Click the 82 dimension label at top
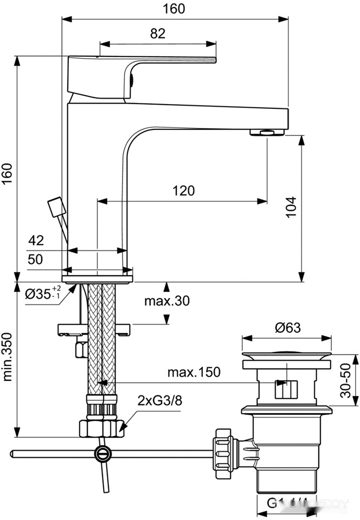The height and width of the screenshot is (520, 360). (x=157, y=34)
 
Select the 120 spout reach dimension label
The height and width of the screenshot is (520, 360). (x=184, y=191)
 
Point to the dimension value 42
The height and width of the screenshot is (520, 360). (x=36, y=240)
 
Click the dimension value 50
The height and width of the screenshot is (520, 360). (x=35, y=259)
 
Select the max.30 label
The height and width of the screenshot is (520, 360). (x=166, y=301)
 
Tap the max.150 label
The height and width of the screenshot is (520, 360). (x=194, y=372)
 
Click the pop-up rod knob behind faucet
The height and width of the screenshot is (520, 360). (x=55, y=207)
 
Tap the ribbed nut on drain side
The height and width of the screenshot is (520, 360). (x=223, y=452)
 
